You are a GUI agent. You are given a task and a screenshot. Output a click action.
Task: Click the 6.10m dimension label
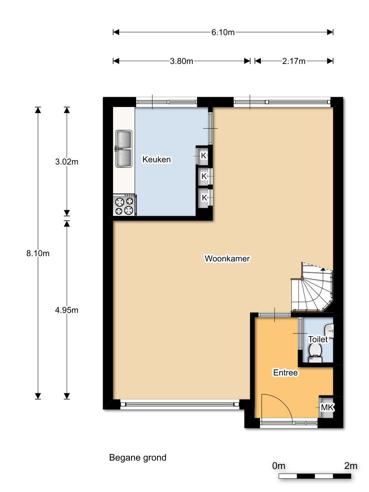(x=223, y=32)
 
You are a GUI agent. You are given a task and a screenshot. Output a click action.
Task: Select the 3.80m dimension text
(x=181, y=61)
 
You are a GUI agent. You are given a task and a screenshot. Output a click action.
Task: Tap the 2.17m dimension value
(x=293, y=61)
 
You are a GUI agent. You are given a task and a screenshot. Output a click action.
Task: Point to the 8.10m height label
(x=38, y=253)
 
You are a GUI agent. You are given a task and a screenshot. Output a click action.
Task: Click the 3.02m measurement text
(x=67, y=162)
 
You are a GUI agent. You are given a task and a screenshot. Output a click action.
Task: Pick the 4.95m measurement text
(x=67, y=310)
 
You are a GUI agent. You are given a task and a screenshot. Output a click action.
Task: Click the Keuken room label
(x=156, y=159)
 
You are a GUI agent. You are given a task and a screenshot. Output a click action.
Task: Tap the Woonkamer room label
(x=227, y=258)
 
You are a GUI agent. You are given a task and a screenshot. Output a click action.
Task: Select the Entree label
(x=285, y=372)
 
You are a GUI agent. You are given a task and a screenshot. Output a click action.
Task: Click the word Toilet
(x=318, y=339)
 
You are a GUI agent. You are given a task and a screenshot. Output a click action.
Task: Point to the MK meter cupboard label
(x=327, y=407)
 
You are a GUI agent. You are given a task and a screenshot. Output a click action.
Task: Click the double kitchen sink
(x=124, y=149)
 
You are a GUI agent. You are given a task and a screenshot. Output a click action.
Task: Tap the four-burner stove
(x=124, y=205)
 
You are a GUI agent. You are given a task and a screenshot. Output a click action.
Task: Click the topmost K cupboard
(x=204, y=156)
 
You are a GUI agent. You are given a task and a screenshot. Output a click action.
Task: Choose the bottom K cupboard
(x=204, y=197)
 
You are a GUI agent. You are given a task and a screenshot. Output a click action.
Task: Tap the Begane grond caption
(x=138, y=457)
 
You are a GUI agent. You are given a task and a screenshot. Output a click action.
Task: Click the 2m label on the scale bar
(x=351, y=466)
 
